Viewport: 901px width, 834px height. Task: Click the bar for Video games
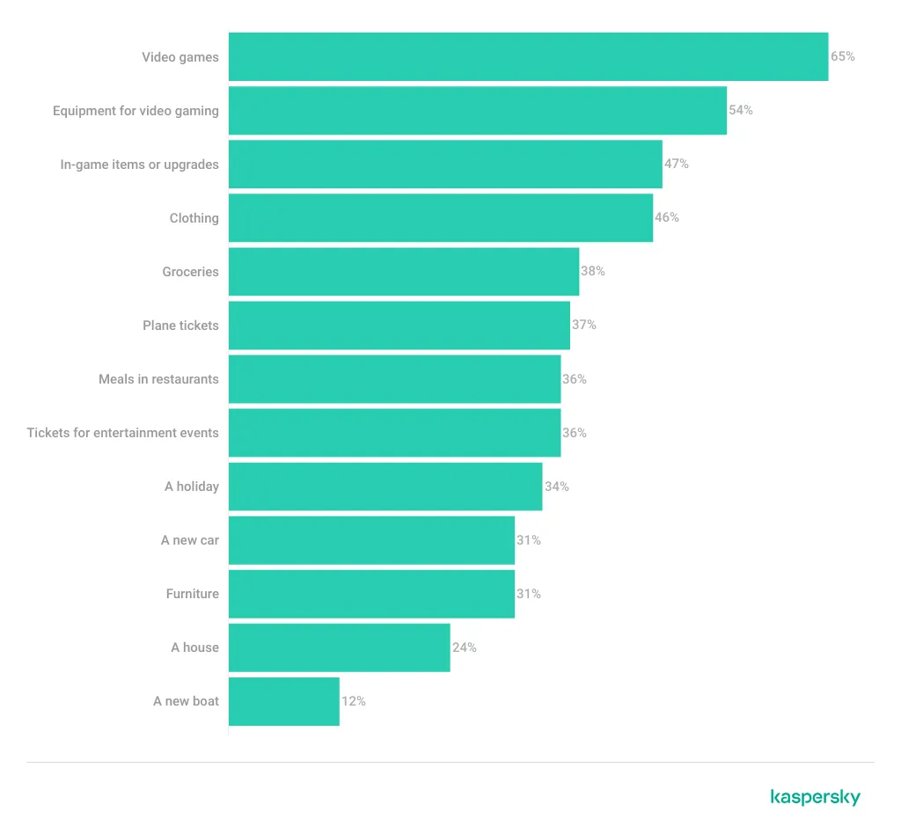pos(528,56)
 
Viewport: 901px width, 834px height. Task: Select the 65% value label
pos(843,56)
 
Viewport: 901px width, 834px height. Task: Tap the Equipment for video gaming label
pos(136,111)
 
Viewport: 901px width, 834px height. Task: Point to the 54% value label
pos(741,110)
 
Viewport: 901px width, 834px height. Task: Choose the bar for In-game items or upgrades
pos(445,165)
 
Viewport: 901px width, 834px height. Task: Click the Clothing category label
pos(194,218)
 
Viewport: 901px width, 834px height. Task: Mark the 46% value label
pos(667,217)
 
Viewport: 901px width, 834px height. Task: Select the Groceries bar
pos(404,272)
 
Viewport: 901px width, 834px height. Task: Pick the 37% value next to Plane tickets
pos(584,325)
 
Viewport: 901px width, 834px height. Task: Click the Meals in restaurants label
pos(158,379)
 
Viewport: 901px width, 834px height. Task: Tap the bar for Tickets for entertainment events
pos(394,433)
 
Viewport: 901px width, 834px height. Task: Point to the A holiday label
pos(192,486)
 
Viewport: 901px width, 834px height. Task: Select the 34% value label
pos(557,486)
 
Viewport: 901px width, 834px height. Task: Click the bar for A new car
pos(371,540)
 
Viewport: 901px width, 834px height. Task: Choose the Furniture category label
pos(193,594)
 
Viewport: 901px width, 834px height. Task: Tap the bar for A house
pos(339,647)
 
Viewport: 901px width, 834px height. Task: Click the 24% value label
pos(465,647)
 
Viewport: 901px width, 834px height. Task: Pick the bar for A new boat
pos(283,701)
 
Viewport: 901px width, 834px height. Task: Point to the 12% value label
pos(354,701)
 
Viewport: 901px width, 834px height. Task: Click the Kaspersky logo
pos(815,798)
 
